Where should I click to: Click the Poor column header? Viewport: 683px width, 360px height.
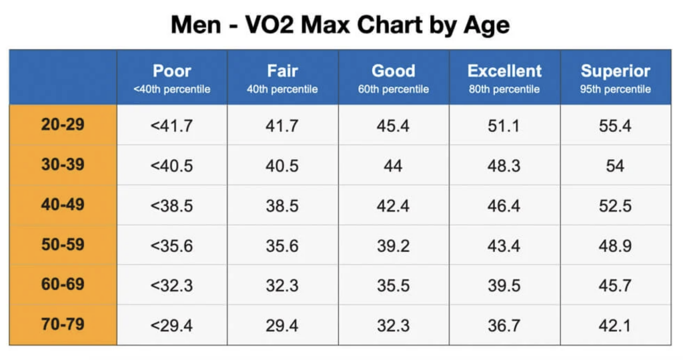(172, 71)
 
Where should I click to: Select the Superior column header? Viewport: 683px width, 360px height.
(615, 71)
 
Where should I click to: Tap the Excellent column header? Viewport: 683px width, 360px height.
(504, 71)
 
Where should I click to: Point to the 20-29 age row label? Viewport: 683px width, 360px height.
(63, 125)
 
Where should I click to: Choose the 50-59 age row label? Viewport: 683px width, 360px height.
(63, 245)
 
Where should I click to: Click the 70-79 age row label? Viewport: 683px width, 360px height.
(63, 325)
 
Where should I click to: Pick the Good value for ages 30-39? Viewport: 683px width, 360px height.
(393, 165)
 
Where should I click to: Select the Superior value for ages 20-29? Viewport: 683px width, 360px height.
(615, 125)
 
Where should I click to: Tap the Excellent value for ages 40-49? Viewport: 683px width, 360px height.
(504, 205)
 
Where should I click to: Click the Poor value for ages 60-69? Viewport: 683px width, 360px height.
(172, 285)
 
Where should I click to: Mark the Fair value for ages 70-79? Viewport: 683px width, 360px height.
(282, 325)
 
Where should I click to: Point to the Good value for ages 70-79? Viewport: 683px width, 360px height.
(393, 325)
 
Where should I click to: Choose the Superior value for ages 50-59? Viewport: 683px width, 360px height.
(615, 245)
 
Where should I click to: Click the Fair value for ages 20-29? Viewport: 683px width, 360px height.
(282, 125)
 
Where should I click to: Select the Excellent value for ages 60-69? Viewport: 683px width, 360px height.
(504, 285)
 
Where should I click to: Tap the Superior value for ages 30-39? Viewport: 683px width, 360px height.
(615, 165)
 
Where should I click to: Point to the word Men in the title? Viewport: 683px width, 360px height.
(195, 25)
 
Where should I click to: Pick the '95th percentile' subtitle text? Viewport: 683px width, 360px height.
(615, 89)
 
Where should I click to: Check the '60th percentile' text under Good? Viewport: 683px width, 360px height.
(393, 89)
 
